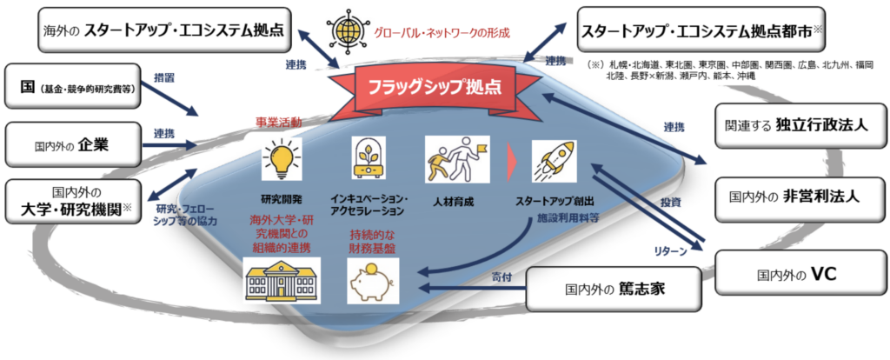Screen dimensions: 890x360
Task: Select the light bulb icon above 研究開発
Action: [282, 159]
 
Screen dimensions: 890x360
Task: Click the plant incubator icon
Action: [369, 159]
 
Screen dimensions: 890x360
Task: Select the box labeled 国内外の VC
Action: [800, 275]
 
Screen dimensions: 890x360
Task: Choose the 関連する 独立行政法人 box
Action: [800, 125]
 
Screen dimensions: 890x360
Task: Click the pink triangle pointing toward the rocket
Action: [511, 161]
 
